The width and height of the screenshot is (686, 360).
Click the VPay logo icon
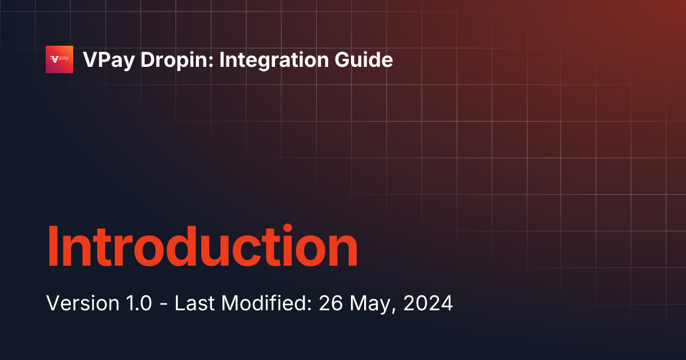tap(59, 59)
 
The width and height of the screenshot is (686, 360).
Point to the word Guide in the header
tap(365, 60)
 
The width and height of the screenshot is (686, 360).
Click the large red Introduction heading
tap(202, 247)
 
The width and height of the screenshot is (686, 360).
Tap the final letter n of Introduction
tap(342, 251)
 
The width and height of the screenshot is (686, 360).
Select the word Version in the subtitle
tap(76, 303)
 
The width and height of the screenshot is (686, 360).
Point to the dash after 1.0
tap(163, 304)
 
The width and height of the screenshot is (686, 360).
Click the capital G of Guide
tap(346, 60)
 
